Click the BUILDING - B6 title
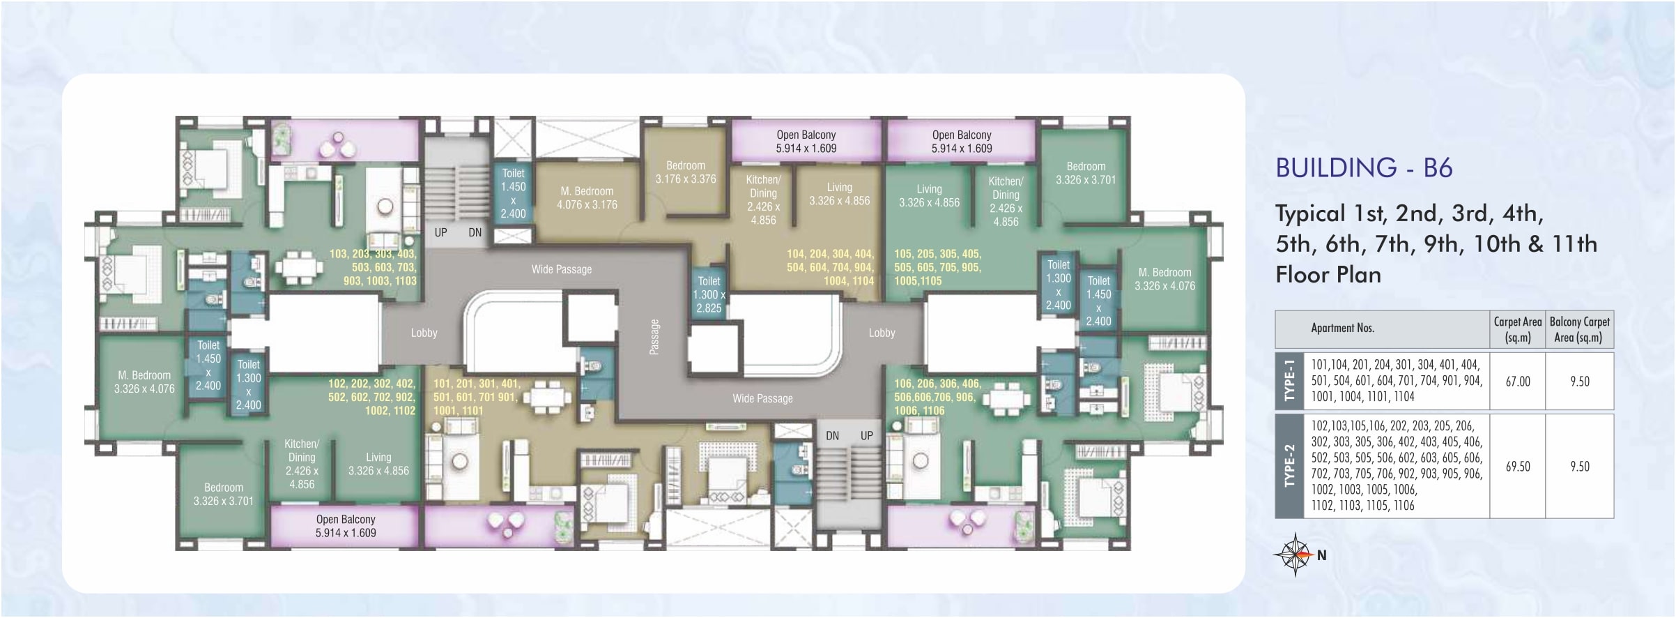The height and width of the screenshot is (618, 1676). pos(1364,168)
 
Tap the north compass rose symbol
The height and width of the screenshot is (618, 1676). pos(1294,555)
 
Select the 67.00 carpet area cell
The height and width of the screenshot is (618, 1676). pos(1518,382)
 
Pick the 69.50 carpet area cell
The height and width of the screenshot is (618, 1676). pos(1518,467)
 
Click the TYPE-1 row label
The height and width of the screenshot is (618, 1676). pos(1289,381)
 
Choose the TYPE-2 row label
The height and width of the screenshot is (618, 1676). pos(1289,466)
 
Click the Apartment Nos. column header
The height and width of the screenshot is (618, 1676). pos(1343,328)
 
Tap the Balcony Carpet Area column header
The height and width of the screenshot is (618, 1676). pos(1579,329)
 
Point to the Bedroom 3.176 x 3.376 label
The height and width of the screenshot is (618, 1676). pos(686,172)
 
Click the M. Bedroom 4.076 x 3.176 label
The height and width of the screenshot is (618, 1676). pos(587,198)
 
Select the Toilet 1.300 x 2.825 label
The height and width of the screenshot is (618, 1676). pos(709,295)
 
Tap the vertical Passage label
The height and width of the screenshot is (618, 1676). pos(654,337)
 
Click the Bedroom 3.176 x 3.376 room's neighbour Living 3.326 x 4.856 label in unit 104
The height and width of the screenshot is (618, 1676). pos(839,194)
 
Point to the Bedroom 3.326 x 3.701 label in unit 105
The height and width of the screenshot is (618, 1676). pos(1086,173)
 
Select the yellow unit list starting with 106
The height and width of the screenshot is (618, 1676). pos(938,397)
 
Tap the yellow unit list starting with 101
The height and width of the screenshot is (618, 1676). pos(477,397)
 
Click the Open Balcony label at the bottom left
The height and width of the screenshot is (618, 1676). pos(346,526)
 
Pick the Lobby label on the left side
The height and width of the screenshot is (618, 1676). pos(424,333)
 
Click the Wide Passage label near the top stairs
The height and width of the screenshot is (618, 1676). pos(562,269)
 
